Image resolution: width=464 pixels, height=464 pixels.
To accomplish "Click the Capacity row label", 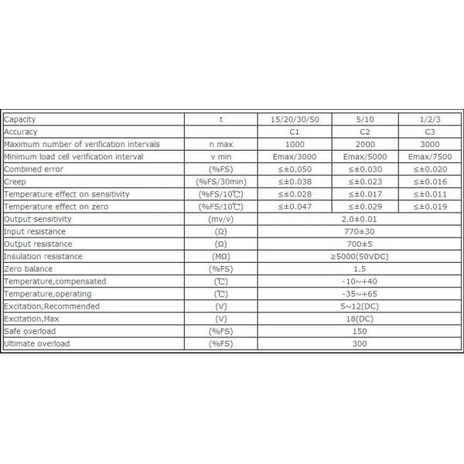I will (x=20, y=119).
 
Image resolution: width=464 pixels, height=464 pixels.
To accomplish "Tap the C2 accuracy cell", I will (x=367, y=131).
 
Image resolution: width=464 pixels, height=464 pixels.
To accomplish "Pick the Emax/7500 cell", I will (x=429, y=157).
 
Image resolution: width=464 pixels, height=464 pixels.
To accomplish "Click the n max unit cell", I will (x=220, y=145).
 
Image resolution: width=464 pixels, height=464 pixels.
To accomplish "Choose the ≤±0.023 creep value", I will (x=367, y=182).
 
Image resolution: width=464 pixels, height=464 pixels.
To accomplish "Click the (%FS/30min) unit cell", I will (x=220, y=182).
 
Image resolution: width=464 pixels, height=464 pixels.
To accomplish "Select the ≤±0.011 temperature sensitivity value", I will (x=429, y=194).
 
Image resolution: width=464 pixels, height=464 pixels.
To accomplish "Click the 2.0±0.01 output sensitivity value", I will (x=359, y=219).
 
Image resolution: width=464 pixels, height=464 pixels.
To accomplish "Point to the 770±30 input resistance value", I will (x=359, y=231).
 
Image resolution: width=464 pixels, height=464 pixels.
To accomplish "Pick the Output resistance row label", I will (x=35, y=244).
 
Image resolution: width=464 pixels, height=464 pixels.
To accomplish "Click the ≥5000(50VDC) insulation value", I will (x=359, y=256).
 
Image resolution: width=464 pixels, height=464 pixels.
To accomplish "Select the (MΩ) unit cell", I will (x=220, y=256).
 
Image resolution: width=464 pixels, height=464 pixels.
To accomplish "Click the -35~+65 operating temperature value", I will (x=359, y=294).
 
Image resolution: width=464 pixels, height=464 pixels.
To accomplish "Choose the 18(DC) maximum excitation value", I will (x=359, y=319).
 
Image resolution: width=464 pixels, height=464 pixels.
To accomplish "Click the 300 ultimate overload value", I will (x=359, y=343).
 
